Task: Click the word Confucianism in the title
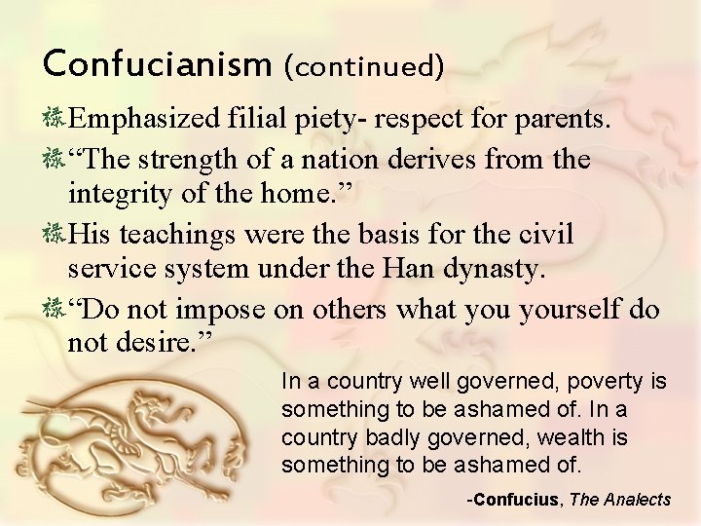tap(155, 66)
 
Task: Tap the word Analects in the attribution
tap(635, 500)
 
